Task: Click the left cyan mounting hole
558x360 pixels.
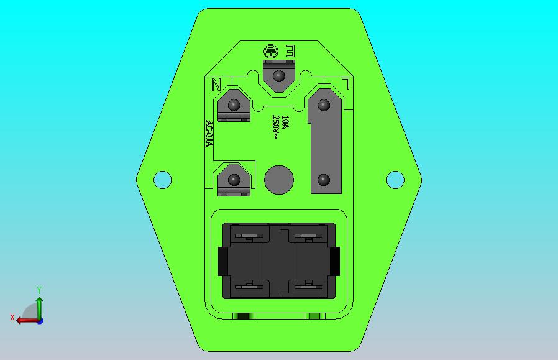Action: [x=162, y=180]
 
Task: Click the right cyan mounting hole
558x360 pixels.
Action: [x=395, y=180]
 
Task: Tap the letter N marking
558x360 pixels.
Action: [x=216, y=85]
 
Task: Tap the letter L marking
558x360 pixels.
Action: [x=345, y=83]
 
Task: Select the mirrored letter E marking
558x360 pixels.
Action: [x=290, y=52]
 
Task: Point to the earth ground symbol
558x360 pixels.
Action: [x=271, y=52]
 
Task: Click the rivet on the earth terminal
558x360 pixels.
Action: [x=278, y=76]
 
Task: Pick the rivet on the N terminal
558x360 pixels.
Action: [x=234, y=105]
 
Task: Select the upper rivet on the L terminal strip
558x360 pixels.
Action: [x=323, y=105]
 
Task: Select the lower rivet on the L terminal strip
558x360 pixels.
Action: [x=323, y=180]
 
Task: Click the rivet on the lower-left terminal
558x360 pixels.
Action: [x=234, y=180]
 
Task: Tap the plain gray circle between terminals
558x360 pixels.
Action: [x=278, y=180]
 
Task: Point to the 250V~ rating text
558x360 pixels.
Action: [x=276, y=127]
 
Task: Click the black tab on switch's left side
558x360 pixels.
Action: [x=222, y=261]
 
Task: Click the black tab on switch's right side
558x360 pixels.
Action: [x=336, y=261]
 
